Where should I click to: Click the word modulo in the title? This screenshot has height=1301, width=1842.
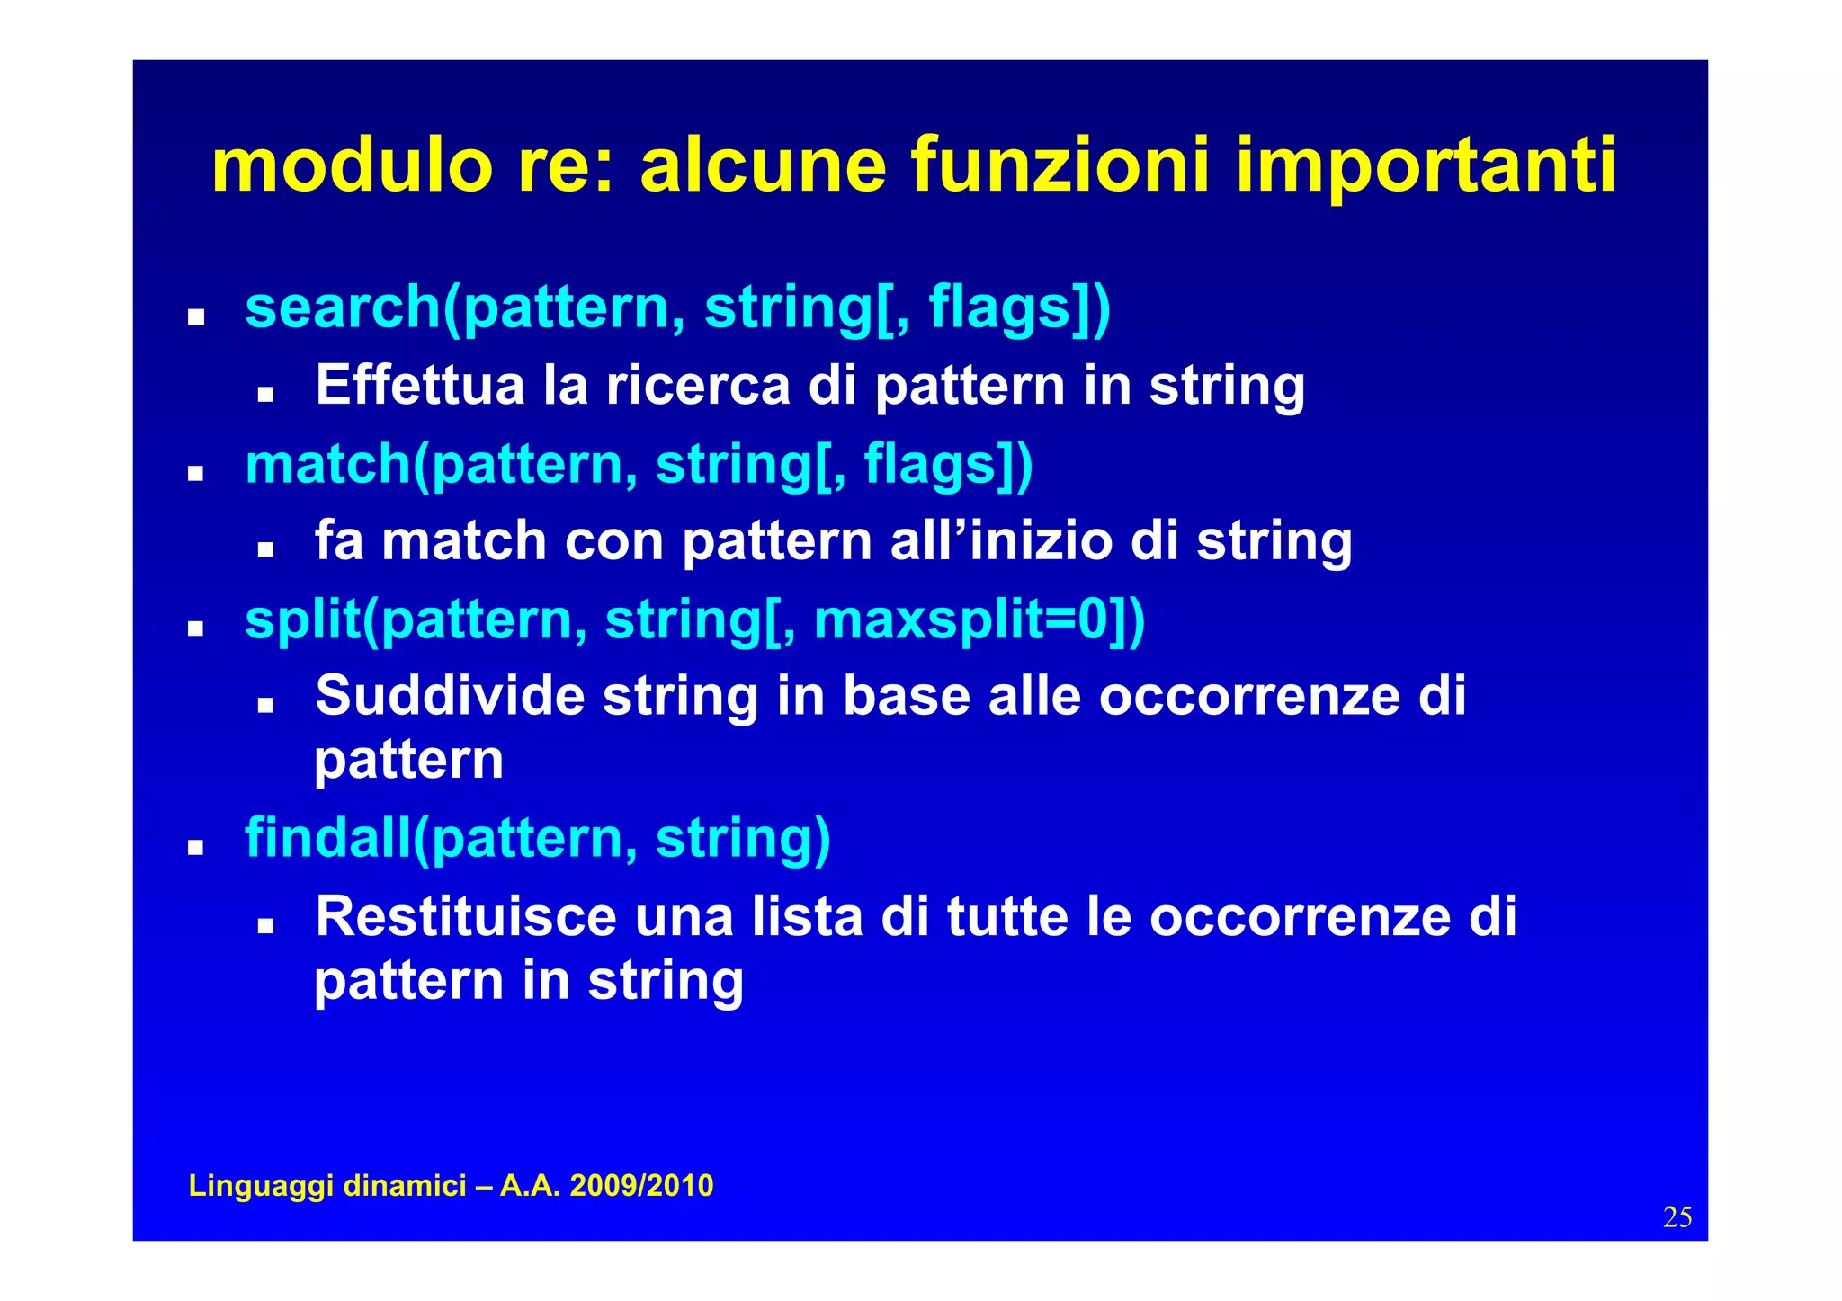click(352, 165)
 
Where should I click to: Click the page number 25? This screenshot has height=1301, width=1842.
click(1677, 1217)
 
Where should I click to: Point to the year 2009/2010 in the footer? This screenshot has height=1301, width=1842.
click(641, 1186)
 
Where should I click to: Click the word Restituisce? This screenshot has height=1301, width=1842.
click(466, 917)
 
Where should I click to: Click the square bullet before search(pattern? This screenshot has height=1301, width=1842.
click(195, 318)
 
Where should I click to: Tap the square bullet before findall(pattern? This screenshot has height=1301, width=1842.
click(195, 848)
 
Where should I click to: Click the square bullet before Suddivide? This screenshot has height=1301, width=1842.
click(264, 706)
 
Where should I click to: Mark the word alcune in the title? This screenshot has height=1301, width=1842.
click(763, 165)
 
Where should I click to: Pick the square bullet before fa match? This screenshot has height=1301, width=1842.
click(264, 550)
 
